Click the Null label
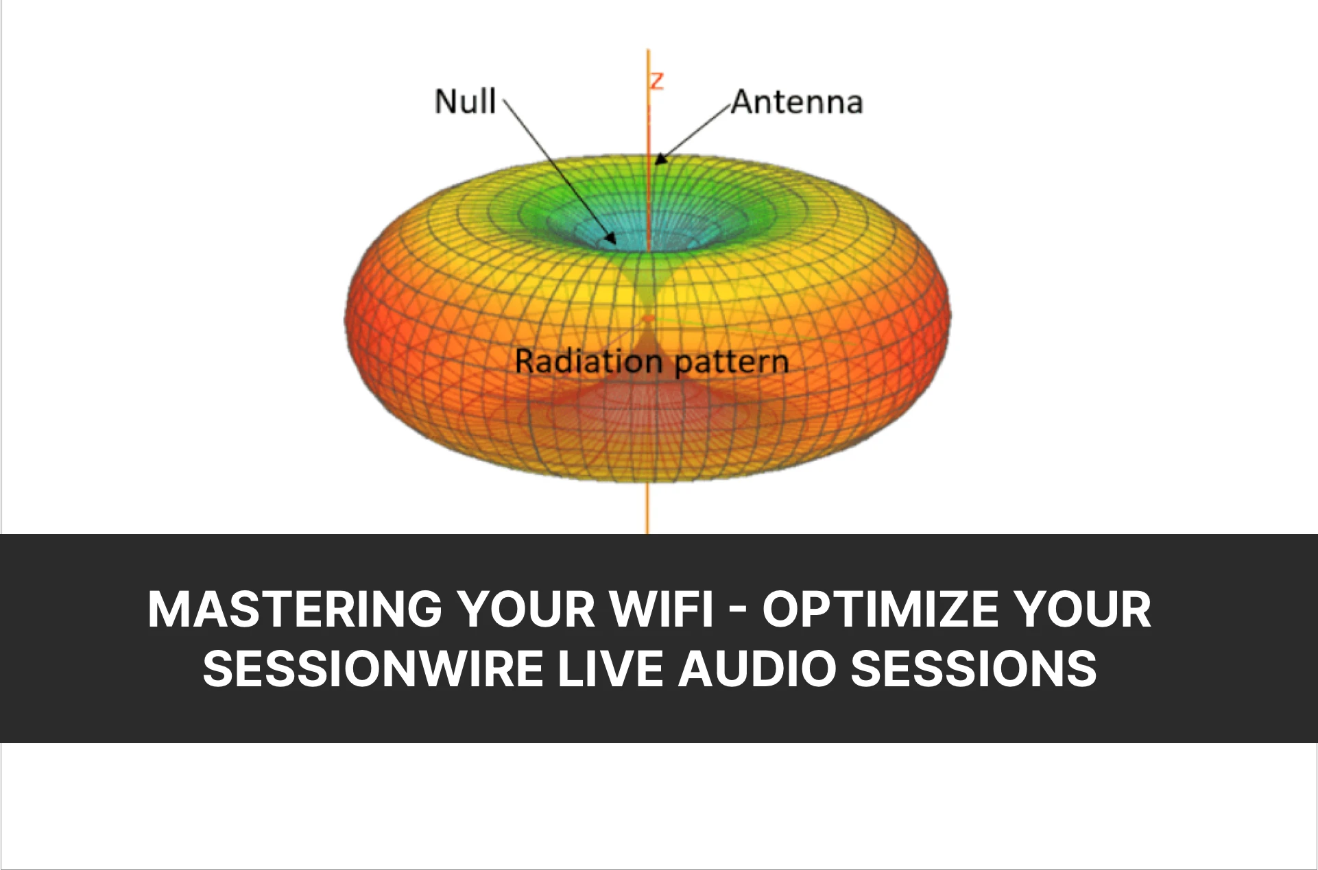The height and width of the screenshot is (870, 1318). [x=466, y=101]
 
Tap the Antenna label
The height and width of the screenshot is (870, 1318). [x=797, y=102]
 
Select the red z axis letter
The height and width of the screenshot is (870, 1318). [x=657, y=81]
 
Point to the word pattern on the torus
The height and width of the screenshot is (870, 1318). [x=732, y=363]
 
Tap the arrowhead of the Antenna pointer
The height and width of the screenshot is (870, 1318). [x=660, y=158]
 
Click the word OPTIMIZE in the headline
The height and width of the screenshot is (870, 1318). [x=880, y=609]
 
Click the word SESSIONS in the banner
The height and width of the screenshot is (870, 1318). [x=974, y=669]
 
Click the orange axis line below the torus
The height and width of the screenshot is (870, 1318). [x=647, y=507]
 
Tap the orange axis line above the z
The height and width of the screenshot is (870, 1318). [x=648, y=60]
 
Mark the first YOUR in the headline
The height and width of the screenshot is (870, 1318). [x=527, y=609]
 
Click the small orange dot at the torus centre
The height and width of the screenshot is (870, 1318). [x=648, y=319]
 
